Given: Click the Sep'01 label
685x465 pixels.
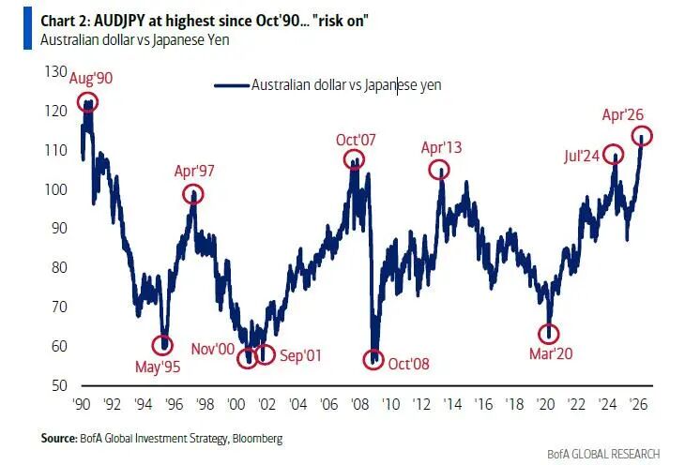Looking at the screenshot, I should (x=299, y=355).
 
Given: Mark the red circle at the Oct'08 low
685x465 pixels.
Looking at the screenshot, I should (x=374, y=358).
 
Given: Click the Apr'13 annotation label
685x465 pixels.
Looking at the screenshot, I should (x=441, y=147).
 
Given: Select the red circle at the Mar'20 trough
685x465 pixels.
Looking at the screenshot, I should (x=549, y=333).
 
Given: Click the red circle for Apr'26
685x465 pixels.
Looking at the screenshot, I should (x=642, y=137).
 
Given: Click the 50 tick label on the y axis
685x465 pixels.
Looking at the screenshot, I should (x=59, y=385).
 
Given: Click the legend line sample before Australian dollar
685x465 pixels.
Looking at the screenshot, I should (x=231, y=84).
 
